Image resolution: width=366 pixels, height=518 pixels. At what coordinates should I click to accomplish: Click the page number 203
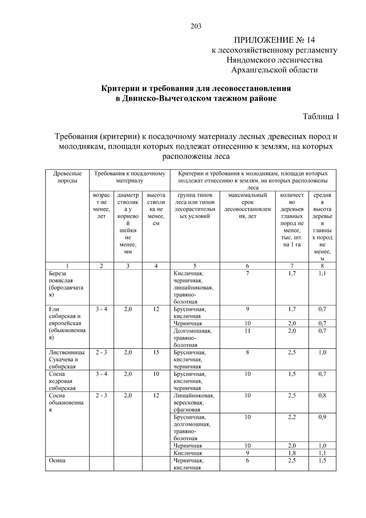coord(196,26)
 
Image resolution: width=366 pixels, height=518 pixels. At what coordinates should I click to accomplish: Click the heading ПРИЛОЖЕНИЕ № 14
coord(274,40)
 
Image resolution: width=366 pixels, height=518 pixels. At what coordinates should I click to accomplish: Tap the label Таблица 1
coord(321,116)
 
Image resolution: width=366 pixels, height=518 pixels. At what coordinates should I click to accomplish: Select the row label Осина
coord(57,460)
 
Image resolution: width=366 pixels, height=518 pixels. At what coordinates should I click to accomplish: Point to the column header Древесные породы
coord(67,177)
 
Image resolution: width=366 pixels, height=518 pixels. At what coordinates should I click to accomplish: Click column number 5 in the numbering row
coord(195,266)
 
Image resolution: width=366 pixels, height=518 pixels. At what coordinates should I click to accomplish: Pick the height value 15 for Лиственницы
coord(156,352)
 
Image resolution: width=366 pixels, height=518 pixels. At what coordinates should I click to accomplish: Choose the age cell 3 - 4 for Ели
coord(101,309)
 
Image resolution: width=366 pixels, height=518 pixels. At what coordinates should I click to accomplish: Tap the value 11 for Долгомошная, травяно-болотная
coord(247,331)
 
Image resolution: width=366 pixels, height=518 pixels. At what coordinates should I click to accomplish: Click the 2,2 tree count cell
coord(292,417)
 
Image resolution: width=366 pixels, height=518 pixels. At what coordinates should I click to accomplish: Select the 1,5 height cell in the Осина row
coord(322,460)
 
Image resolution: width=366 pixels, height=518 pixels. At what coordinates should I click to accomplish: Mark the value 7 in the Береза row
coord(247,273)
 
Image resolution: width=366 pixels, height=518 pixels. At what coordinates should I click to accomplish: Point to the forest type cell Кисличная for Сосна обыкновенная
coord(188,453)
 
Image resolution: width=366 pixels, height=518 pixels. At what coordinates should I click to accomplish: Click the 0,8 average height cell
coord(322,395)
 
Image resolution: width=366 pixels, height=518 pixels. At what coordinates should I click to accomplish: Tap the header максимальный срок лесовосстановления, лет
coord(247,205)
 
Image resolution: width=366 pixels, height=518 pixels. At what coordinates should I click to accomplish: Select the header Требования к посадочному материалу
coord(130,177)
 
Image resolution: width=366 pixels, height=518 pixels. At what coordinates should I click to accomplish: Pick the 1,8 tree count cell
coord(292,453)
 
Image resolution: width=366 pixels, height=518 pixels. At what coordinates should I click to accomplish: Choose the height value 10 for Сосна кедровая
coord(156,374)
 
